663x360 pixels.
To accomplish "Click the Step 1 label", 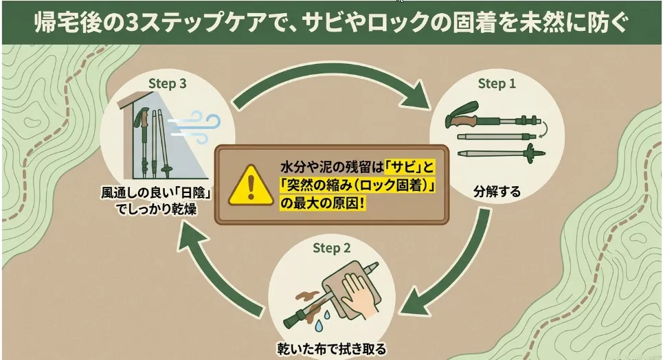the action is [497, 83].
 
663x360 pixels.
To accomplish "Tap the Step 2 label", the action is [331, 248].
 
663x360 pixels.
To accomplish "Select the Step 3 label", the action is [167, 83].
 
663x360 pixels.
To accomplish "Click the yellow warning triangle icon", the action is [251, 186].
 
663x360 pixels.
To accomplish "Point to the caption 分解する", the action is [497, 192].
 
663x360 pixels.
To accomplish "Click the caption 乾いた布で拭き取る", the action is [331, 350].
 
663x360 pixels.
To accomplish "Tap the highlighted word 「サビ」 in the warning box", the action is [404, 167].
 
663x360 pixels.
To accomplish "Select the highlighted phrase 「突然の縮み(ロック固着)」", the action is [358, 185].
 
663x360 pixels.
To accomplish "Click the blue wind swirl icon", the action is [195, 127].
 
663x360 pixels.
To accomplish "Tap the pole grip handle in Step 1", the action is [462, 115].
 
